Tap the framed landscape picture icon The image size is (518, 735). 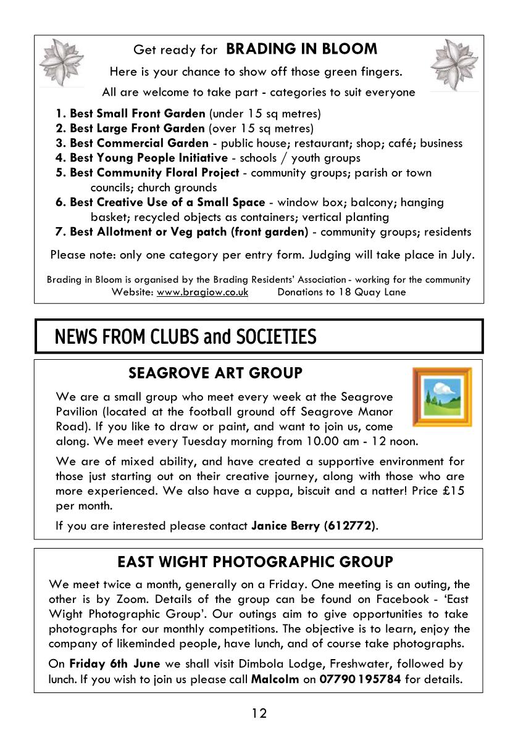click(441, 397)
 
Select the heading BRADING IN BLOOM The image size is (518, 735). click(301, 49)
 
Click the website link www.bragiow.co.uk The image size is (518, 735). click(203, 292)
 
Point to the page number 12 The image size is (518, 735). click(259, 713)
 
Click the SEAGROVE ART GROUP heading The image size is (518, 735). click(215, 373)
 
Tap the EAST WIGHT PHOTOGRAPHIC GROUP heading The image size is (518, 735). click(255, 562)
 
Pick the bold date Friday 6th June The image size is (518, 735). click(115, 664)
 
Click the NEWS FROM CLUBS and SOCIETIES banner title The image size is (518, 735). click(186, 337)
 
